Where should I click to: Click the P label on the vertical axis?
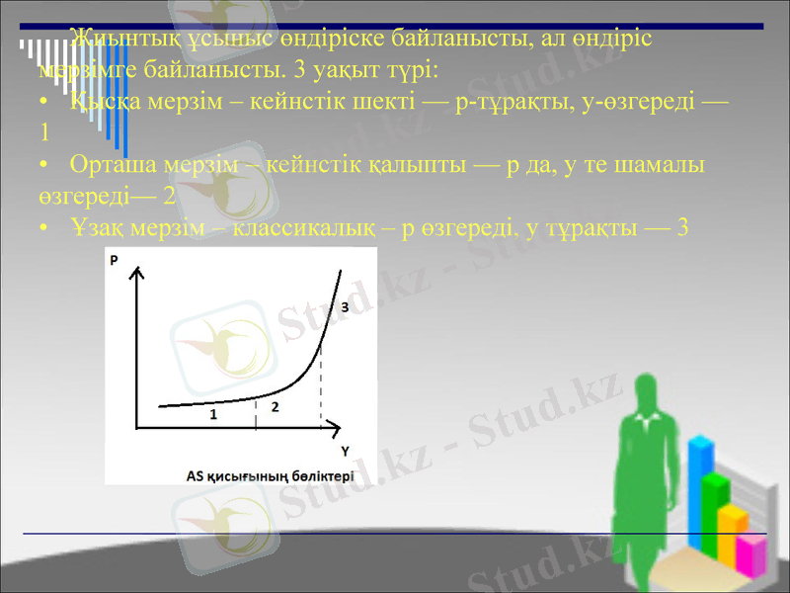[115, 261]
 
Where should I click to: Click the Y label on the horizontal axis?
[345, 451]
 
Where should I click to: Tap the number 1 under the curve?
[212, 415]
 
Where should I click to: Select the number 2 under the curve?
[275, 406]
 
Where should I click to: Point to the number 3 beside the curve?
[345, 307]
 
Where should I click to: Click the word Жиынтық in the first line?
[118, 40]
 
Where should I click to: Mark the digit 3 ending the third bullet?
[681, 226]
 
